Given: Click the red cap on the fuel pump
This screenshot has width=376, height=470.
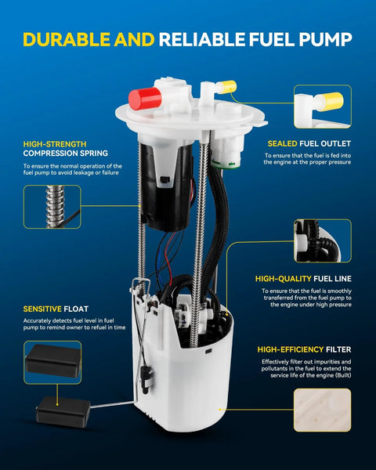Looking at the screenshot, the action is [x=145, y=99].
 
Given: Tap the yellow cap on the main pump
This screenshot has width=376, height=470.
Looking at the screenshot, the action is [x=227, y=87].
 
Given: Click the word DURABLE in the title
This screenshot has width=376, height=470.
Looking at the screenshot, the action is [x=67, y=39].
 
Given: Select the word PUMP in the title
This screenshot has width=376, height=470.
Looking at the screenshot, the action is [x=325, y=39].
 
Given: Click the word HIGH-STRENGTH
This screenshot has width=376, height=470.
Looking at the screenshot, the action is [x=55, y=144].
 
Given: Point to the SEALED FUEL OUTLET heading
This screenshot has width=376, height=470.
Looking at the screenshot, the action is [x=309, y=143].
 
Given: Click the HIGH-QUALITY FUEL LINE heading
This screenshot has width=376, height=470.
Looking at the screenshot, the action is [x=303, y=279].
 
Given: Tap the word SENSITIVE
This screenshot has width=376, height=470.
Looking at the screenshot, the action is [x=42, y=309].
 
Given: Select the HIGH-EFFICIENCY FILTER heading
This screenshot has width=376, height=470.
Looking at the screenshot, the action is [x=304, y=349].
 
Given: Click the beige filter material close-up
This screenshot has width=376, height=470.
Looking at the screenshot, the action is [x=322, y=410].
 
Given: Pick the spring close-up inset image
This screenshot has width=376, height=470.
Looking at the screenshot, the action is [x=52, y=207].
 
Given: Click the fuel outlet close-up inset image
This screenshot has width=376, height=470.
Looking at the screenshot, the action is [x=323, y=107].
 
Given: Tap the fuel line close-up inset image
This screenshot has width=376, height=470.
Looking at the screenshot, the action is [x=323, y=240].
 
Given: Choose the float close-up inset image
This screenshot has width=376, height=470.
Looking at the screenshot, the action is [x=52, y=362].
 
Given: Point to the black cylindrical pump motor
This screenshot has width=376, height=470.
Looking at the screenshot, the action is [x=165, y=186].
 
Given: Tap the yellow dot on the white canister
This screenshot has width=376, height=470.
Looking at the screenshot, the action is [x=219, y=409].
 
